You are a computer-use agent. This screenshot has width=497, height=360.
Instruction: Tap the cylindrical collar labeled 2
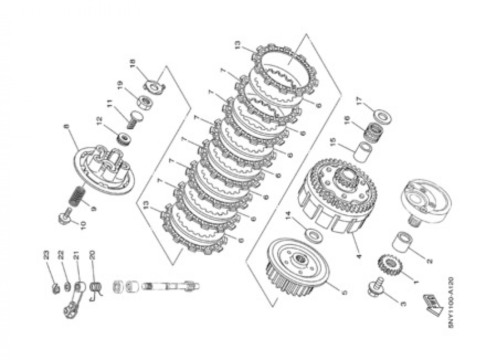click(404, 243)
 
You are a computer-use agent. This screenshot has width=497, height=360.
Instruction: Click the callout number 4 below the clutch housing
click(358, 259)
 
